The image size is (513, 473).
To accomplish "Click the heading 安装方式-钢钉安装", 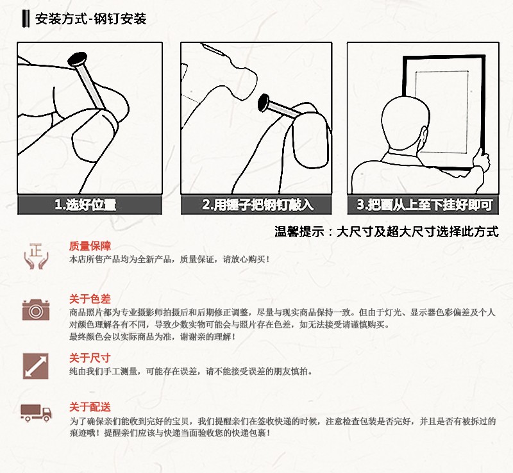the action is [x=90, y=19].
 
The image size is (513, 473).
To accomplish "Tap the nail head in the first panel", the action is [x=78, y=59].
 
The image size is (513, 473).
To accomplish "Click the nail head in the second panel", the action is [x=264, y=102].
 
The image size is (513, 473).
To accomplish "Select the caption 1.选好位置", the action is [x=85, y=205].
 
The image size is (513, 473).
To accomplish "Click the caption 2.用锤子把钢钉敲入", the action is [x=258, y=205].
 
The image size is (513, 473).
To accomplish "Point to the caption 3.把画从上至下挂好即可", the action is [x=425, y=205].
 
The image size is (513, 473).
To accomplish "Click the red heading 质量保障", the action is [x=90, y=246].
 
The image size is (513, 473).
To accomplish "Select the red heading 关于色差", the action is [x=90, y=299].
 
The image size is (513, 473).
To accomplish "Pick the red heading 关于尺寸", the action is [x=90, y=358].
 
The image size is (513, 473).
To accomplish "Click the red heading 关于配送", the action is [x=90, y=407].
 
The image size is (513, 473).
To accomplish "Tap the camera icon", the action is [x=36, y=310].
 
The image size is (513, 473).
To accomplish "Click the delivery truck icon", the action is [x=36, y=413].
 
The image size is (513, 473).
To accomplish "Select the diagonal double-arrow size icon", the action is [x=36, y=366].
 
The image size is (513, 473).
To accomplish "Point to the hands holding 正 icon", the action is [x=36, y=256].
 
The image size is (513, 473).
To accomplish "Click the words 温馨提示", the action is [x=299, y=232].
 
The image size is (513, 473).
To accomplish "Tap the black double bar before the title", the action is [x=26, y=19].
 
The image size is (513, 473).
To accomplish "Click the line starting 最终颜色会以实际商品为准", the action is [x=152, y=336].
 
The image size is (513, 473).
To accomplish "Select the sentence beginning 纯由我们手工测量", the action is [x=190, y=372].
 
